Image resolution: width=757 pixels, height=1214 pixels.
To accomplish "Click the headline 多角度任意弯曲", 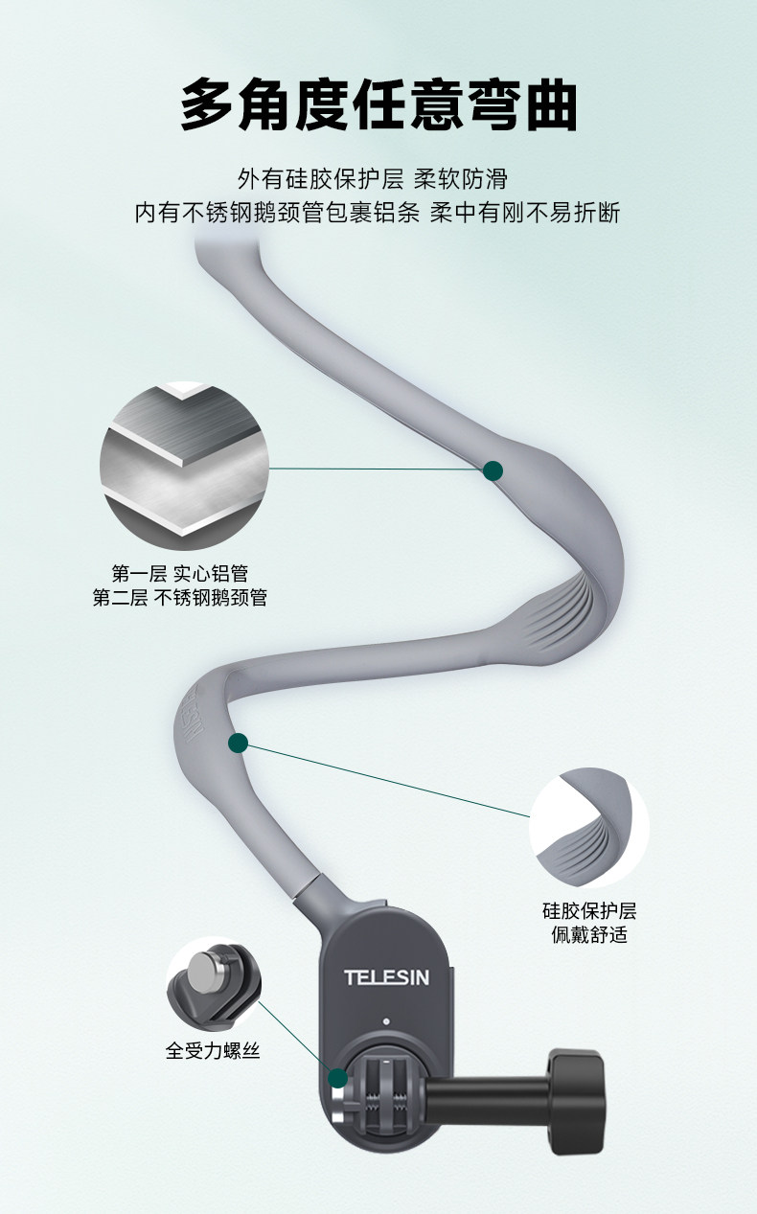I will (x=378, y=104).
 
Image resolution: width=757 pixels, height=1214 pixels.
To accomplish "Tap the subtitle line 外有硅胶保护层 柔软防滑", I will (x=373, y=179).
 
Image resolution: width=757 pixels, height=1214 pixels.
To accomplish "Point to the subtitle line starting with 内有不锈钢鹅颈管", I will (x=378, y=213).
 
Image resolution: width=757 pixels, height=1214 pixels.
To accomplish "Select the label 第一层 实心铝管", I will (x=180, y=573).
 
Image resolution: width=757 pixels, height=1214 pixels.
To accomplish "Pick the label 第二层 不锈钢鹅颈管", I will (x=180, y=598).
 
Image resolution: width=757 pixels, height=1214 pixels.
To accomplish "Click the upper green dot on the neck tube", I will (x=493, y=470).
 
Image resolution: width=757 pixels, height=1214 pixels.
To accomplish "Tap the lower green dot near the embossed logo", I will (x=239, y=743).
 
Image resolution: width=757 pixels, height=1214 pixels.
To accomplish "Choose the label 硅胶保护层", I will (x=589, y=910).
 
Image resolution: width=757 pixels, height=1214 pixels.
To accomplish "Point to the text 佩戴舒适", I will (x=589, y=934).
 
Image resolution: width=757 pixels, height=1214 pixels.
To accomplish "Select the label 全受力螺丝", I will (x=213, y=1051).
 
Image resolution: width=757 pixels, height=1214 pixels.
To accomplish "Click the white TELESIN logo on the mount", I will (x=387, y=978).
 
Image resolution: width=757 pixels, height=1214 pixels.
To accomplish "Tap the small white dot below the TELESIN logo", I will (x=387, y=1021).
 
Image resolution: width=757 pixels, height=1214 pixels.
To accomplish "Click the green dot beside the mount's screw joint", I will (x=337, y=1079).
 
